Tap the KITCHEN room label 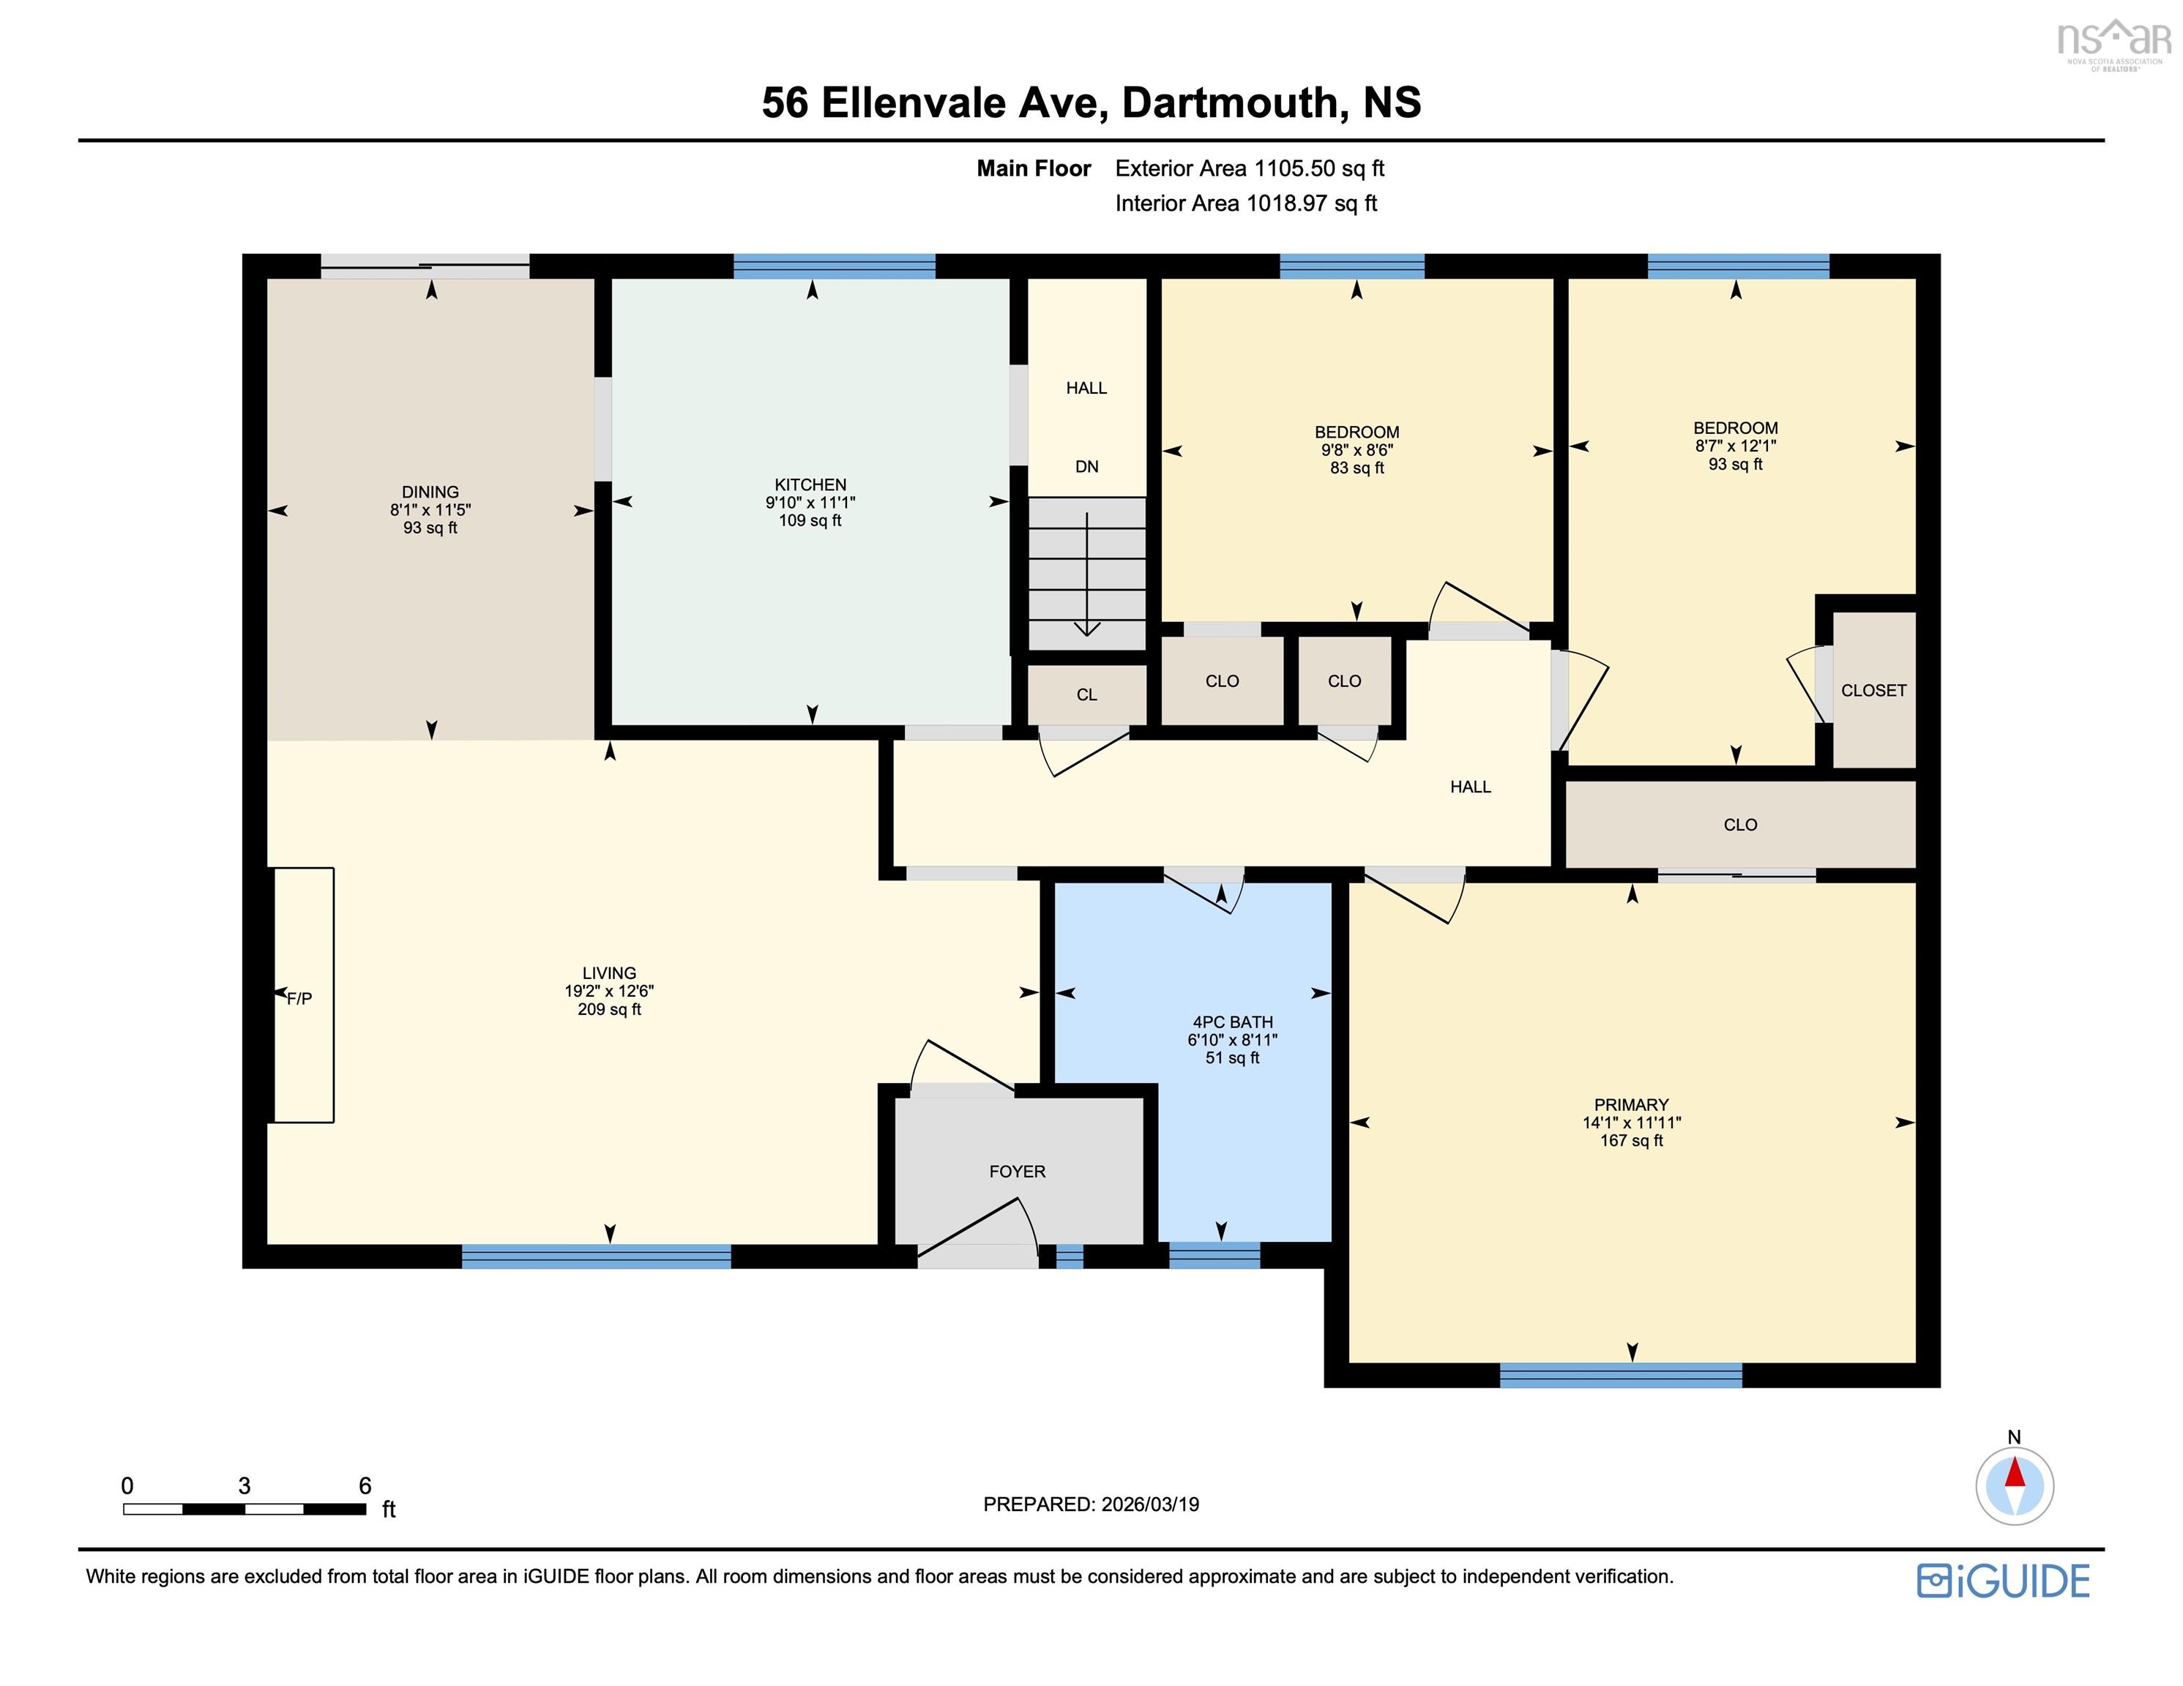click(810, 484)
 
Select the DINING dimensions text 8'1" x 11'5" click(430, 510)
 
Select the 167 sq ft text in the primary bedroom click(1630, 1140)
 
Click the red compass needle click(2014, 1473)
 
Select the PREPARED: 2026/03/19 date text click(1091, 1504)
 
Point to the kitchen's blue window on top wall click(834, 266)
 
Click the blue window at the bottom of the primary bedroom click(1620, 1375)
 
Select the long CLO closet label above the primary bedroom click(1739, 825)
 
